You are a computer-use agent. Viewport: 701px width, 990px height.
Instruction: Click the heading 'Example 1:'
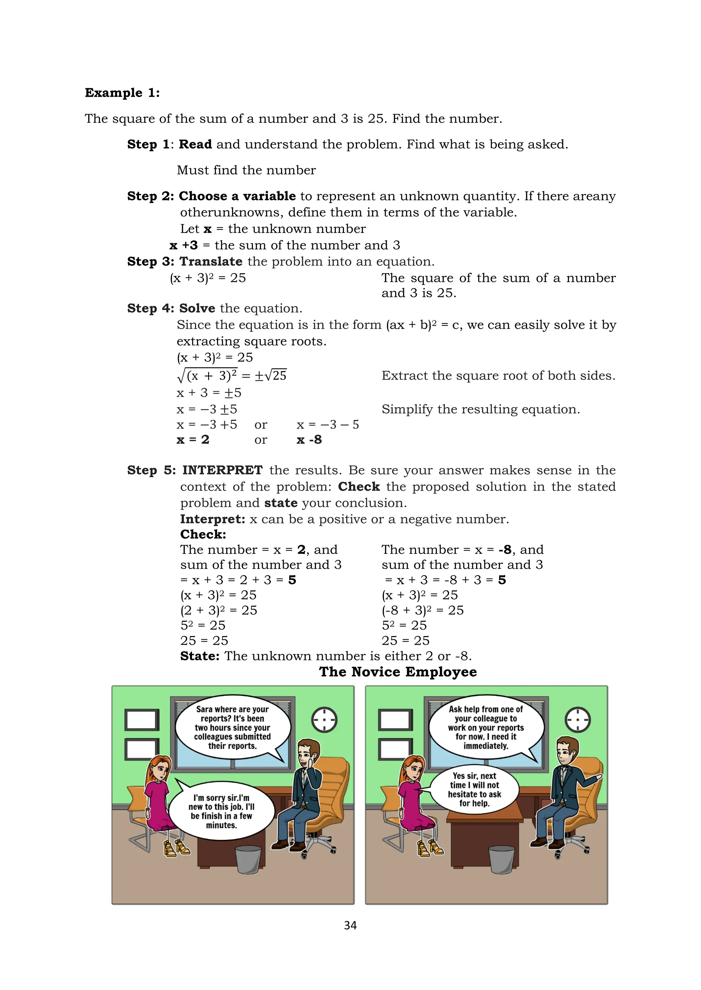[122, 93]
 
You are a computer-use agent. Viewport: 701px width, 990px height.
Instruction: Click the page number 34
[350, 925]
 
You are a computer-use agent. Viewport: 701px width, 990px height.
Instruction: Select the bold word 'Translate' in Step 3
[211, 261]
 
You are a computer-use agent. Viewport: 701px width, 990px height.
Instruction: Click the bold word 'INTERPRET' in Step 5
[222, 470]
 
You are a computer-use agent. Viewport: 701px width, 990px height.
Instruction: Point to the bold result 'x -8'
[309, 440]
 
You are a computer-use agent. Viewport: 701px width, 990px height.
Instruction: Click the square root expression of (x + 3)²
[207, 375]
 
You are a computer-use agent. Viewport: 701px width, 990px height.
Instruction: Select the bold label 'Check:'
[203, 534]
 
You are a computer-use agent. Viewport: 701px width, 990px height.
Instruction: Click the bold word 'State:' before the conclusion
[200, 656]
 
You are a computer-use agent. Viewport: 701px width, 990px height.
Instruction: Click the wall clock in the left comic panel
[324, 720]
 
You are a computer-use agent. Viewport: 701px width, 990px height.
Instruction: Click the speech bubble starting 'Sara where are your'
[232, 727]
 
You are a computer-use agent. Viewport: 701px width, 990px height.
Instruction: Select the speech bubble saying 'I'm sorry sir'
[221, 811]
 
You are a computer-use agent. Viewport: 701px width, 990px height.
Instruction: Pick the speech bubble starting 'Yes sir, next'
[474, 789]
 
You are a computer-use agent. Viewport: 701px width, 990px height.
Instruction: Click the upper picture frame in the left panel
[142, 720]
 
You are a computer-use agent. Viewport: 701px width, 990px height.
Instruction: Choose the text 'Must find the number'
[246, 170]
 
